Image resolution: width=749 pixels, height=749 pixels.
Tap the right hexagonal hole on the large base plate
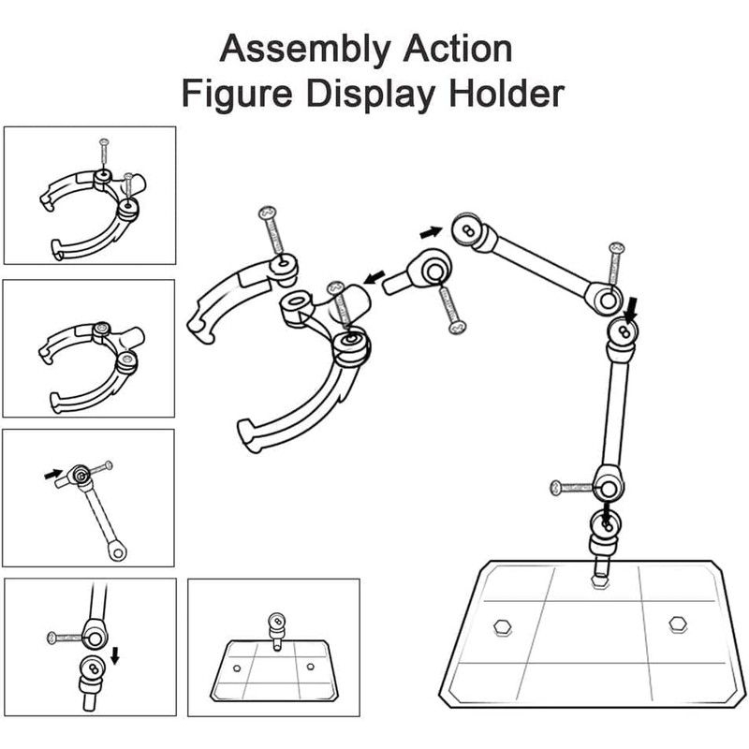677,624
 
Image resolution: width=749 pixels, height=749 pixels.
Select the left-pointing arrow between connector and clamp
374,277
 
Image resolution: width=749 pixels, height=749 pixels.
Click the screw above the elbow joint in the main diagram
615,263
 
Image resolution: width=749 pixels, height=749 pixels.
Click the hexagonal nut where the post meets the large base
600,580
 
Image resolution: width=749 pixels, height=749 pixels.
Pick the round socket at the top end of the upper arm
466,228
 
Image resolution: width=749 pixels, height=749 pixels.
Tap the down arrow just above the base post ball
608,513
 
